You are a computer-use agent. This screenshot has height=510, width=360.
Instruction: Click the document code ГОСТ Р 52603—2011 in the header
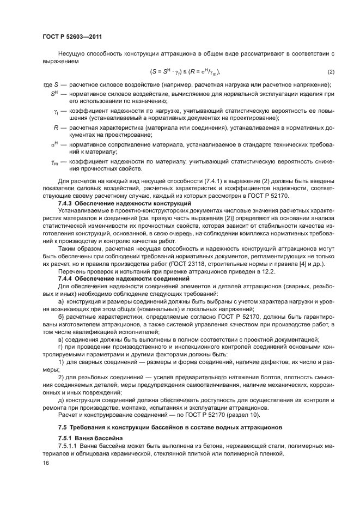[72, 37]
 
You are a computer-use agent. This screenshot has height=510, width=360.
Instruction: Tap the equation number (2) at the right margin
[331, 72]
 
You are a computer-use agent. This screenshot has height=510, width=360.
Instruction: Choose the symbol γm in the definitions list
[56, 162]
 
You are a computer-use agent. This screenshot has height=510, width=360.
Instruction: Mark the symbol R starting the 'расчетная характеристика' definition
[56, 127]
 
